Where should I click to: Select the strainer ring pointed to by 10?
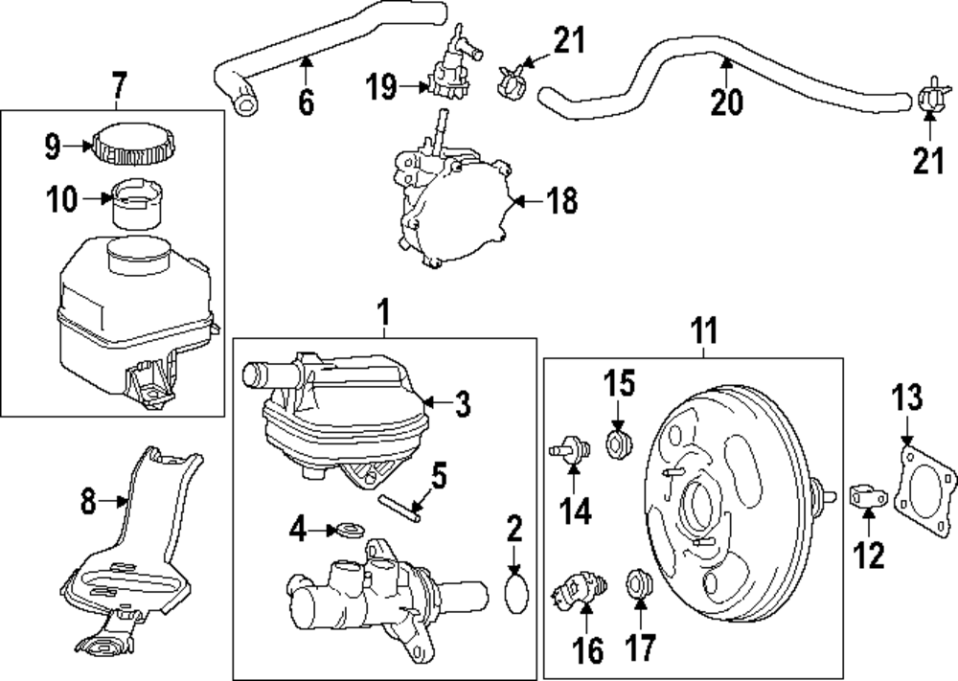point(136,202)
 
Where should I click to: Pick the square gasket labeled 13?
point(925,488)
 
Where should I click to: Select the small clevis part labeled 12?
point(864,497)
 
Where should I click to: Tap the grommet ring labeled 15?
point(618,442)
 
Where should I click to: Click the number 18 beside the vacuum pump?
point(562,201)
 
